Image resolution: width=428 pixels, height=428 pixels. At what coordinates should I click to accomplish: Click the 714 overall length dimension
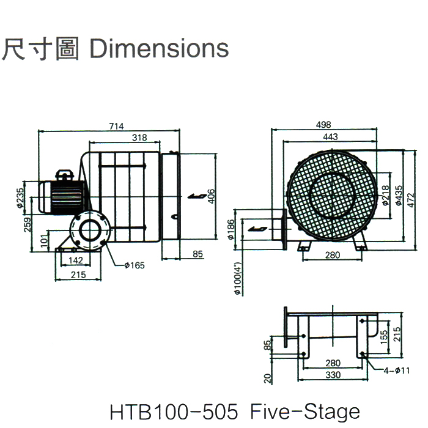[x=116, y=126]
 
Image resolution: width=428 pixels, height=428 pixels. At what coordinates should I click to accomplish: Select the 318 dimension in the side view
[x=140, y=138]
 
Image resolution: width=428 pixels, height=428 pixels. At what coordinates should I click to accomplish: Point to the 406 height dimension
[x=211, y=196]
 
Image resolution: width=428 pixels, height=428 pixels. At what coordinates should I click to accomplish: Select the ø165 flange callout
[x=134, y=265]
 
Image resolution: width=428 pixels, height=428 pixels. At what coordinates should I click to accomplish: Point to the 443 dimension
[x=330, y=138]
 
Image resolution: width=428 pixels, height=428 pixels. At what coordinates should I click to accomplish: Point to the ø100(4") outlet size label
[x=237, y=280]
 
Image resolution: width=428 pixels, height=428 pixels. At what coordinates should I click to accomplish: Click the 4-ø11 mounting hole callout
[x=397, y=370]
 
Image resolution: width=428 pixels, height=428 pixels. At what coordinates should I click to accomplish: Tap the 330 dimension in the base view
[x=334, y=374]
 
